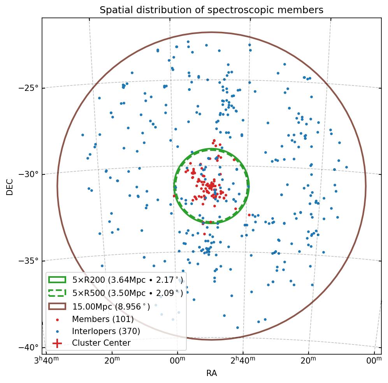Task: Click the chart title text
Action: [211, 10]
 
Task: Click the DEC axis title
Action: [10, 186]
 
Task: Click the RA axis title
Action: [211, 373]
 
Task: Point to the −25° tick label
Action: [29, 88]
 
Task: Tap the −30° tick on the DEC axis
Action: [29, 174]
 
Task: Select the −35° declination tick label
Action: [29, 261]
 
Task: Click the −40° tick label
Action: [29, 347]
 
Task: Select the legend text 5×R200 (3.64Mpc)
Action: [127, 280]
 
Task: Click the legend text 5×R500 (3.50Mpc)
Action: [127, 292]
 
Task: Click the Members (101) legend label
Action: [103, 319]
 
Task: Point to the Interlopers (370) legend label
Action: [106, 331]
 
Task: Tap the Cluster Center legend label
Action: [101, 343]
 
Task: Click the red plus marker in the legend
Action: [57, 343]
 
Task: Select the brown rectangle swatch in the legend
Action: [57, 306]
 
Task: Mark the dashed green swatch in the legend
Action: [57, 292]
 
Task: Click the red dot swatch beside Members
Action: [57, 320]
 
